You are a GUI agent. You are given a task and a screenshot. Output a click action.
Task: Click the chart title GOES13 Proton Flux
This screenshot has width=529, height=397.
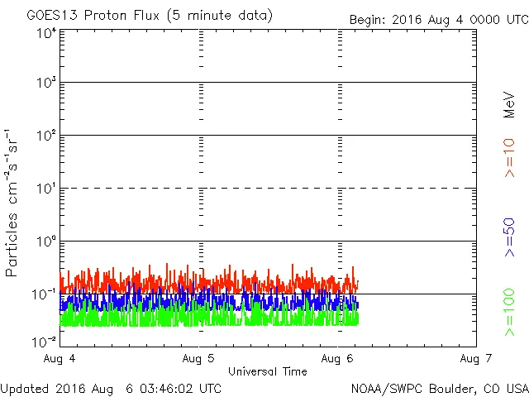click(x=150, y=16)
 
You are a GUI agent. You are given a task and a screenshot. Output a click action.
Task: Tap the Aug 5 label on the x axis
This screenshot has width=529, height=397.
click(x=199, y=359)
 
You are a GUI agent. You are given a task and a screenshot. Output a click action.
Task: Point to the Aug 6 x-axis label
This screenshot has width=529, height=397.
click(x=336, y=359)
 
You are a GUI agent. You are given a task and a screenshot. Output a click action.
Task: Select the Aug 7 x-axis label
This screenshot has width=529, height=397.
click(x=475, y=359)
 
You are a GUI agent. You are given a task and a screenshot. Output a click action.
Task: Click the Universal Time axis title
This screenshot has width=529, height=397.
click(x=267, y=371)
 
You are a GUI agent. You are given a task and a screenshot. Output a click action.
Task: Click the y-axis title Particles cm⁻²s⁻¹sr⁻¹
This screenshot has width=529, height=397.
click(x=12, y=203)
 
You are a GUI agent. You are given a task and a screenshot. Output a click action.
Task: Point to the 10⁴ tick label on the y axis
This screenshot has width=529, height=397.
click(x=46, y=33)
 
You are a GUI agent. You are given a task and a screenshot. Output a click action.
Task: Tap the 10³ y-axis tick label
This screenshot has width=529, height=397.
click(x=46, y=84)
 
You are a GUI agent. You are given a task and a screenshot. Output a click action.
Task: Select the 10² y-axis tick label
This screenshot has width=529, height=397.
click(x=46, y=136)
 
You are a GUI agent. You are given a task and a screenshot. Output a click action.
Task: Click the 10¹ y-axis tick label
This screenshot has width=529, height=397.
click(x=46, y=189)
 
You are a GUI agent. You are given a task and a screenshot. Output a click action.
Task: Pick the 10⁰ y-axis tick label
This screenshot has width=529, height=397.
click(x=46, y=242)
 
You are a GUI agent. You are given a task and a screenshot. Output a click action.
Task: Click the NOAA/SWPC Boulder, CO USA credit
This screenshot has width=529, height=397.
click(x=439, y=388)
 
